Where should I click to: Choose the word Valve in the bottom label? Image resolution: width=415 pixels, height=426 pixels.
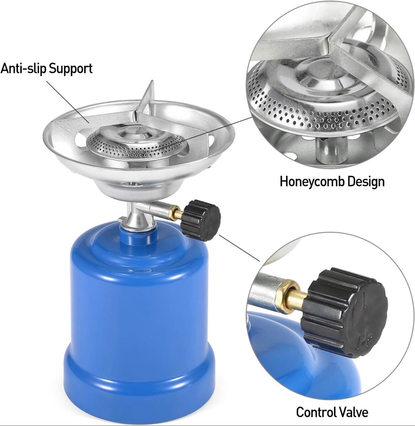pyautogui.click(x=353, y=412)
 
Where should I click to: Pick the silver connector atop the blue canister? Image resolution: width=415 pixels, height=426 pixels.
pyautogui.click(x=137, y=218)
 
